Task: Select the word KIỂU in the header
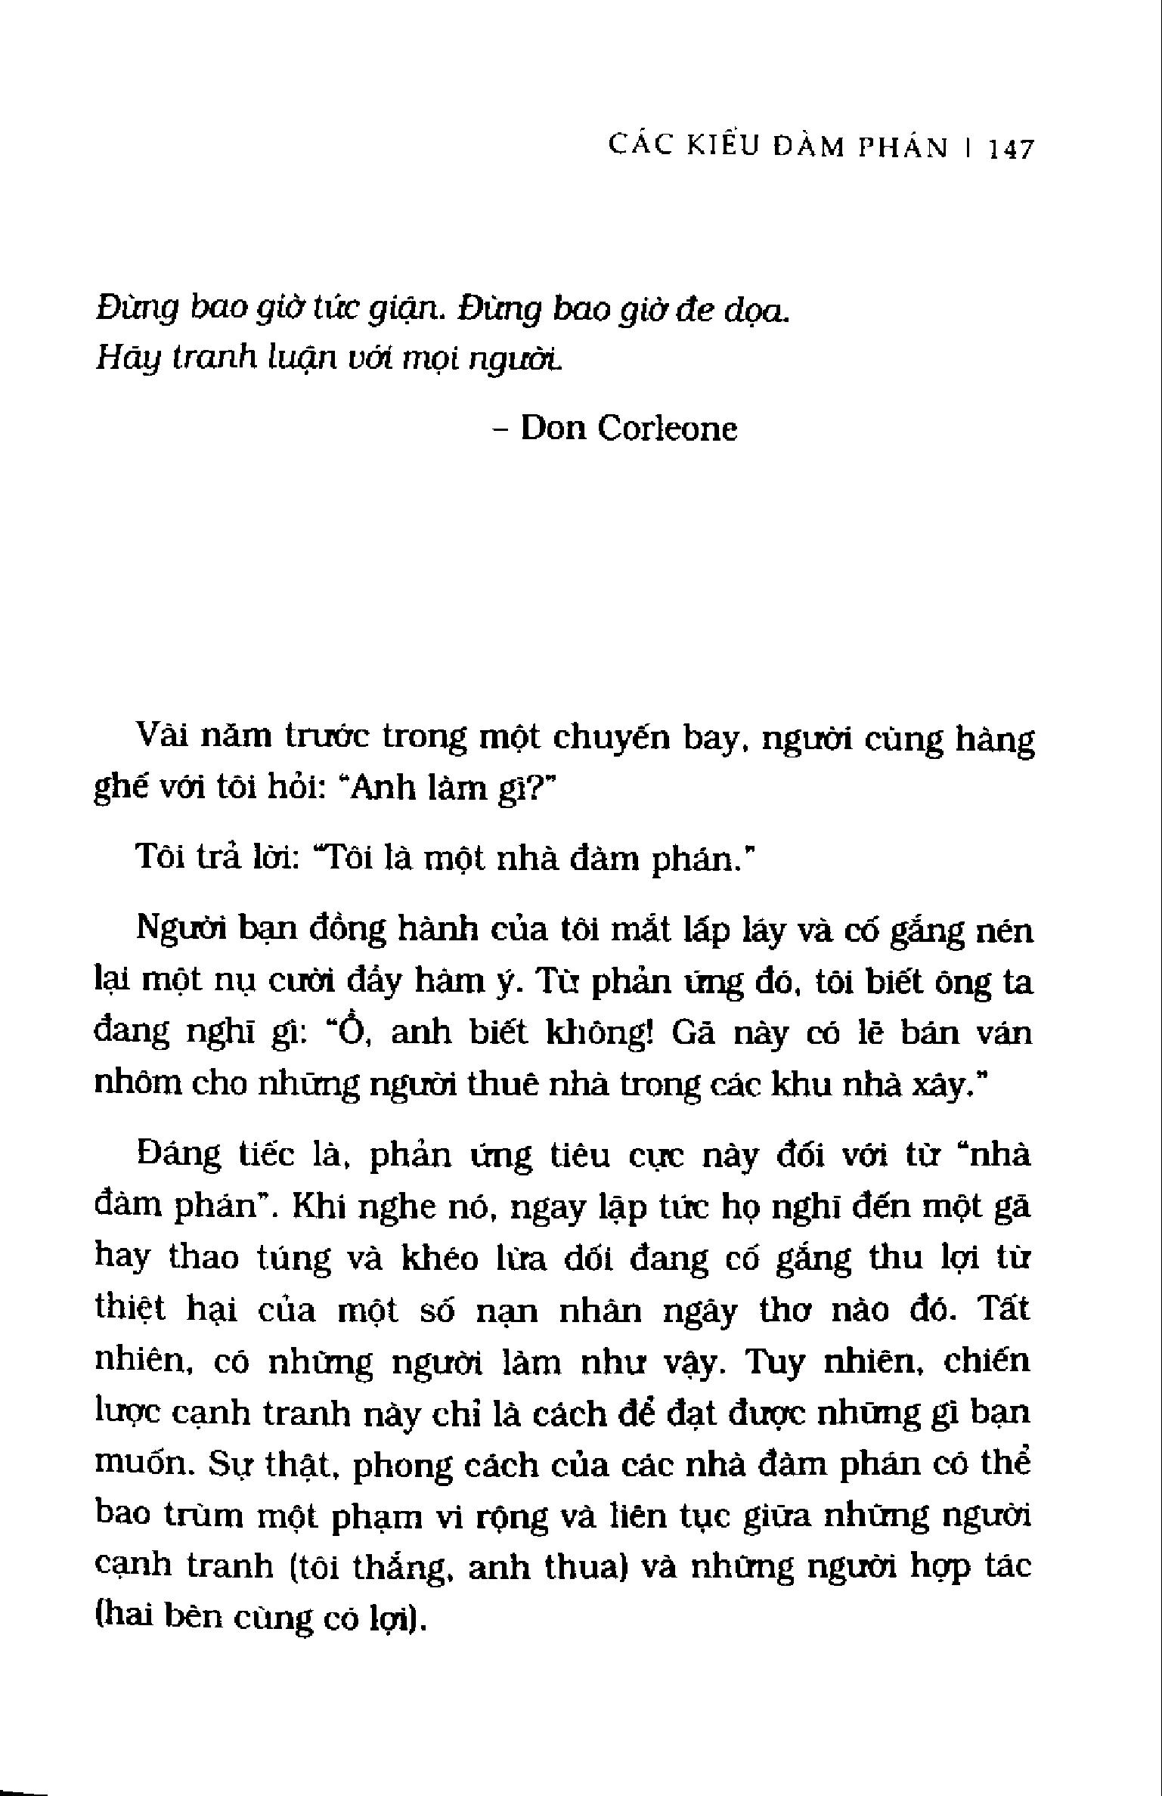click(724, 147)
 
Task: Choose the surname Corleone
click(668, 429)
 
